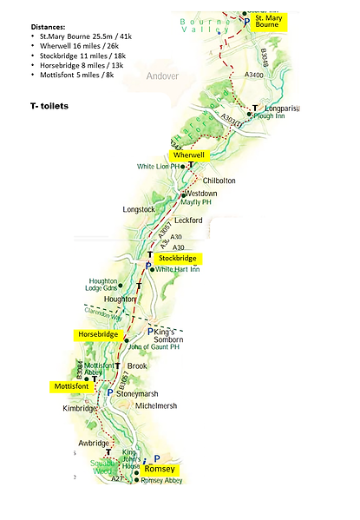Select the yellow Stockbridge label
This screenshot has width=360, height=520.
point(177,259)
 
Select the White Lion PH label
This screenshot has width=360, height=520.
point(160,166)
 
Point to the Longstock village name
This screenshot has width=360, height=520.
point(141,209)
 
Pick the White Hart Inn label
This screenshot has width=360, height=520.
point(178,270)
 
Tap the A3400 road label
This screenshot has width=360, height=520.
point(253,76)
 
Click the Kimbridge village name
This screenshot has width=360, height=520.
point(83,407)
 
